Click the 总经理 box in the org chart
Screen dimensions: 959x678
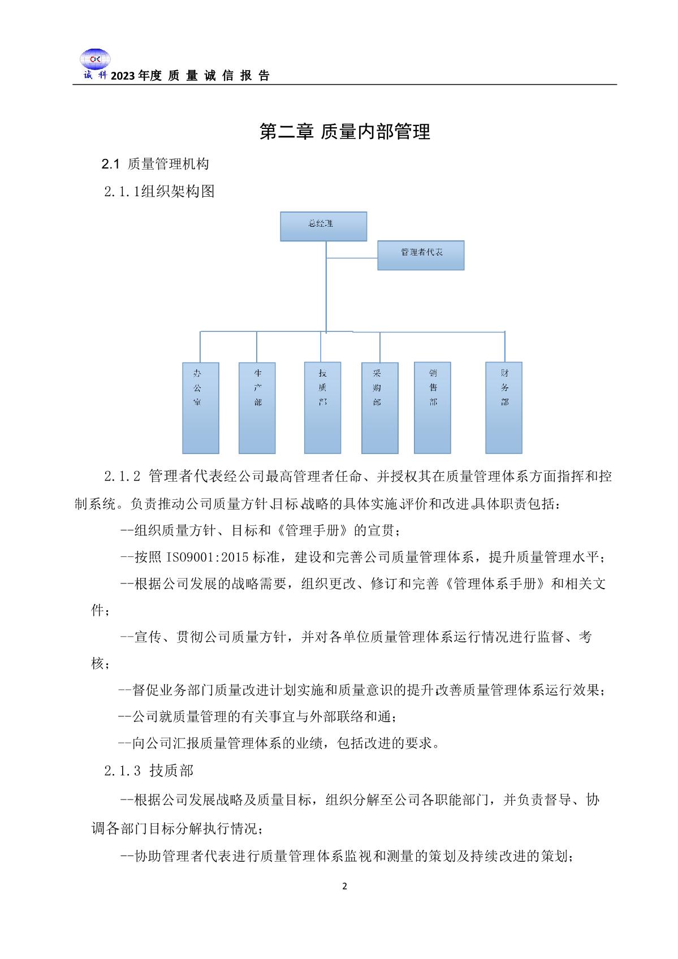click(x=323, y=226)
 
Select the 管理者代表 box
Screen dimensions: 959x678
click(x=421, y=255)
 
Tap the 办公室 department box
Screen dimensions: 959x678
click(x=200, y=408)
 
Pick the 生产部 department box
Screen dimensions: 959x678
click(x=257, y=408)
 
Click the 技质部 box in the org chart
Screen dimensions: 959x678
click(x=322, y=407)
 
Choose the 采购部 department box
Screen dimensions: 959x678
click(x=379, y=408)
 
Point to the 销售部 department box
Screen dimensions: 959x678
click(x=433, y=407)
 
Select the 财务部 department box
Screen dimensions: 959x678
click(x=503, y=407)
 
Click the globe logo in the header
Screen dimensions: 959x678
click(x=94, y=59)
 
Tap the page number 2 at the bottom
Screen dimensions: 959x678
click(x=345, y=886)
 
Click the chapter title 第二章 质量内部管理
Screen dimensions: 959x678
click(x=344, y=132)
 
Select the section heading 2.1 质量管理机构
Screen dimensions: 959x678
click(x=155, y=164)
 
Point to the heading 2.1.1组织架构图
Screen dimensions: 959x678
click(x=159, y=192)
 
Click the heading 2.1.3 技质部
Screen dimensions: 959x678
click(x=149, y=770)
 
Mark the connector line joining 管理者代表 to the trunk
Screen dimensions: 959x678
click(x=352, y=258)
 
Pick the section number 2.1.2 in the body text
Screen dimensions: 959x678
click(x=122, y=476)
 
